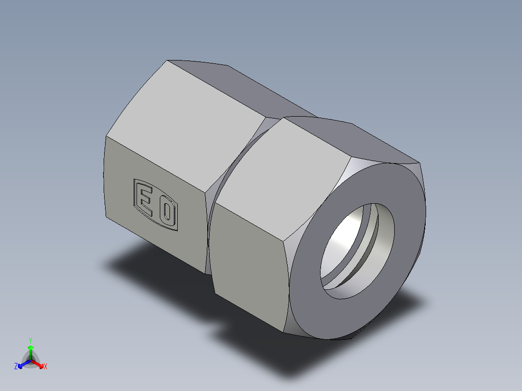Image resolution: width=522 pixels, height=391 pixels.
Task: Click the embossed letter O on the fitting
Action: (x=167, y=212)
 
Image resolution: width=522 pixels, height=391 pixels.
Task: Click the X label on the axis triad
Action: (x=46, y=367)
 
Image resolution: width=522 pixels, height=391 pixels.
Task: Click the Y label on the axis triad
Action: (x=31, y=340)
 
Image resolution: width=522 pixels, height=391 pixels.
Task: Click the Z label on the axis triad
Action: (x=16, y=367)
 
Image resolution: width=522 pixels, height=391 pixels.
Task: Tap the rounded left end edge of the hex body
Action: (x=105, y=179)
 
